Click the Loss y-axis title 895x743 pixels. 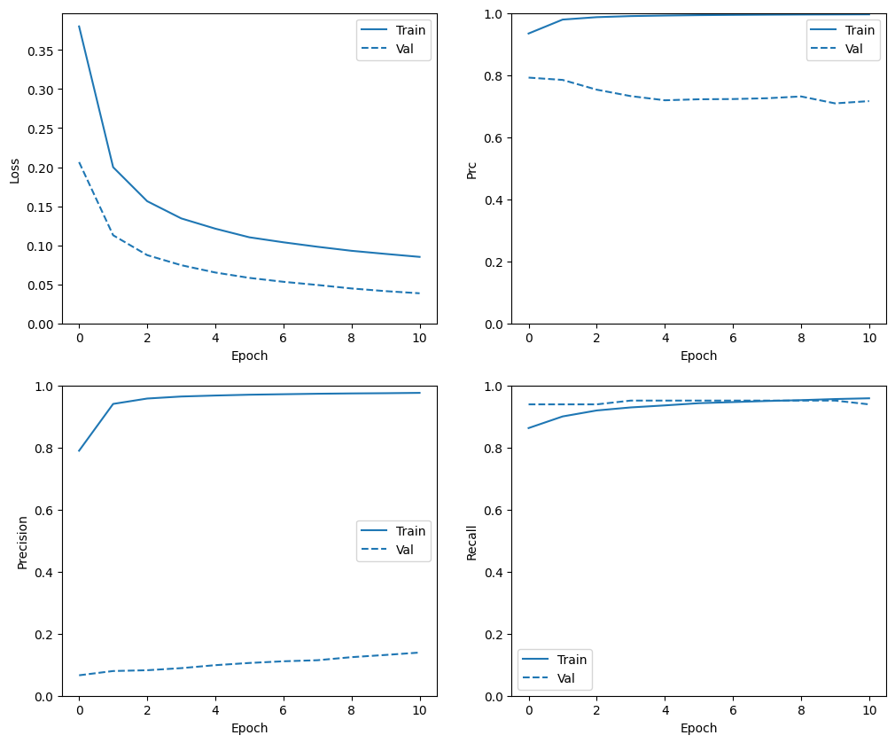pos(15,169)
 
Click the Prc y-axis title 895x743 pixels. pos(471,169)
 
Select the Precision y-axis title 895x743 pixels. pos(22,542)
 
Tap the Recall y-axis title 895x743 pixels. pos(471,542)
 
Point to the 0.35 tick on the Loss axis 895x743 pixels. pos(38,51)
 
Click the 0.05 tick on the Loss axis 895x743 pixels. pos(38,285)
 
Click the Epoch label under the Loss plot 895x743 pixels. pos(249,356)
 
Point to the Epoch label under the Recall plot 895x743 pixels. pos(698,728)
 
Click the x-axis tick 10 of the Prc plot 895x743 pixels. pos(869,339)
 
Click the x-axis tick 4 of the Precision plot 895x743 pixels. pos(215,711)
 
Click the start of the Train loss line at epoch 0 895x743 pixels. pos(79,27)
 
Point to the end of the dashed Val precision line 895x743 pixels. pos(420,653)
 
